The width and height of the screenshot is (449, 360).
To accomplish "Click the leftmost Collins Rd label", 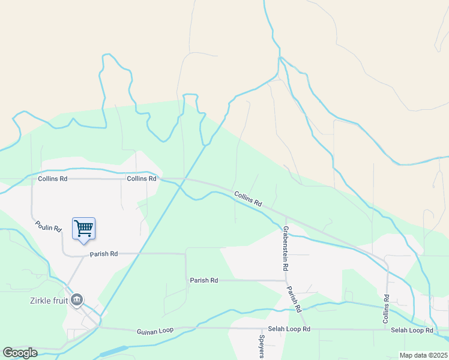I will point(52,179).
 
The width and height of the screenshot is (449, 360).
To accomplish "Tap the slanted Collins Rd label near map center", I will point(249,199).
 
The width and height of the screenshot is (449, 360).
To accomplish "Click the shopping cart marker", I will point(83,228).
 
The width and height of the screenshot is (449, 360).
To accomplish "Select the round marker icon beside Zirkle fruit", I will point(76,299).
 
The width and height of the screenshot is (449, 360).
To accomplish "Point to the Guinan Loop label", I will point(155,331).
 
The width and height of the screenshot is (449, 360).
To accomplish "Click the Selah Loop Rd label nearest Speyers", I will point(290,329).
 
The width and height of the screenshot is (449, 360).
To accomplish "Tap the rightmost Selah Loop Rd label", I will point(412,331).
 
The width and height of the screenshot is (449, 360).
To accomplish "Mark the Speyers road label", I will point(262,346).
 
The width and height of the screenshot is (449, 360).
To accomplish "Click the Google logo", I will point(20,353).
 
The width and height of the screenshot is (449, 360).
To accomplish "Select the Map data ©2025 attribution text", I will point(423,355).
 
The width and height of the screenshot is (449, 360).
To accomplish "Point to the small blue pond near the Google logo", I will point(114,350).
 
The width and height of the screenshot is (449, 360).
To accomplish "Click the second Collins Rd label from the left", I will point(141,179).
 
